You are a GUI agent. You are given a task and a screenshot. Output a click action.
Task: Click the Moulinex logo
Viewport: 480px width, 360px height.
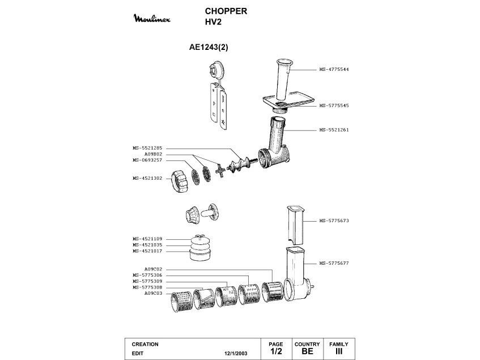[152, 18]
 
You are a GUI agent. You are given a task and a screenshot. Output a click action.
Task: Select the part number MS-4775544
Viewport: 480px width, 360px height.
[334, 70]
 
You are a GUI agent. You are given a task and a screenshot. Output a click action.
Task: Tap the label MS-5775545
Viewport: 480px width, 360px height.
[334, 105]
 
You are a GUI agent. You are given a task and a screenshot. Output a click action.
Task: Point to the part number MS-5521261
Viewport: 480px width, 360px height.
[334, 130]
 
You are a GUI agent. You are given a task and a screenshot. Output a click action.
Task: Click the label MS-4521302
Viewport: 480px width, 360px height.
[147, 178]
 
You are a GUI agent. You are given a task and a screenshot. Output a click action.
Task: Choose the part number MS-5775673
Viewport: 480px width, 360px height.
[334, 221]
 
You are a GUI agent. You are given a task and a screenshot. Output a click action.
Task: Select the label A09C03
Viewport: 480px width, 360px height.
[153, 293]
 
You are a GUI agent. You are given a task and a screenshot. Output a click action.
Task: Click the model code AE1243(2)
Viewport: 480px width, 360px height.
[209, 47]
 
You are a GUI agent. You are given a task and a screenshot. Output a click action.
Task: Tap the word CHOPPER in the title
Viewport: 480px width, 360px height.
[226, 11]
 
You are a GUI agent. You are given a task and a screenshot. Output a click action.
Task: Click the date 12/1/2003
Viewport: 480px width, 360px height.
[236, 353]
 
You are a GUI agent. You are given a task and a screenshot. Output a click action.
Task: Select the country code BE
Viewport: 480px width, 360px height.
[307, 351]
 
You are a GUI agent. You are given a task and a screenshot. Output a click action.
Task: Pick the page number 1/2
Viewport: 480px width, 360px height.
[276, 351]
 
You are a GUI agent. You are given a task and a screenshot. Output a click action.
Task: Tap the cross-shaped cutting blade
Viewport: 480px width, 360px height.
[220, 170]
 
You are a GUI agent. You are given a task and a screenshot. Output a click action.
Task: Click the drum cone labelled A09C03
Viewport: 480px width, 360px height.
[181, 302]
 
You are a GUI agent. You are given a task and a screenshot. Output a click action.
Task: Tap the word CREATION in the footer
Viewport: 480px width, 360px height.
[145, 344]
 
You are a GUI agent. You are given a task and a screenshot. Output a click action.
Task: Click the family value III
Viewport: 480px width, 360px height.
[339, 351]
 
